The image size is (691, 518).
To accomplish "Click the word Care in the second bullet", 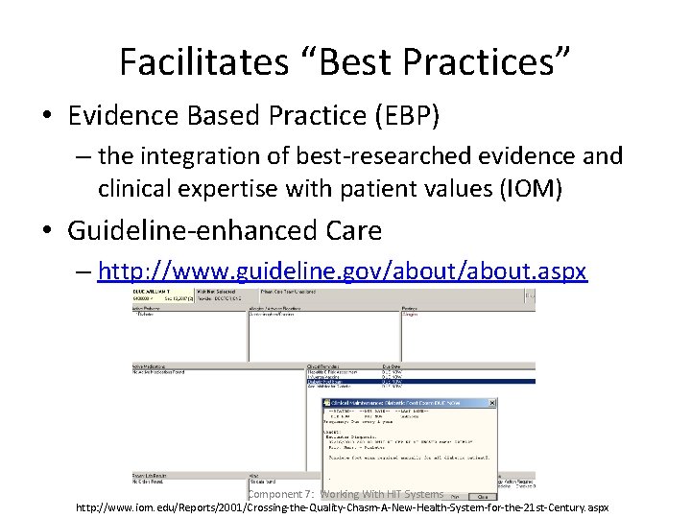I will pyautogui.click(x=355, y=230).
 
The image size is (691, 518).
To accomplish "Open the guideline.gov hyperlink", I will pyautogui.click(x=342, y=271).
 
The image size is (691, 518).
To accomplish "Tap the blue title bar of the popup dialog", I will pyautogui.click(x=403, y=403).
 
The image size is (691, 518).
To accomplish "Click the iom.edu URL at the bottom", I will pyautogui.click(x=342, y=506).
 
